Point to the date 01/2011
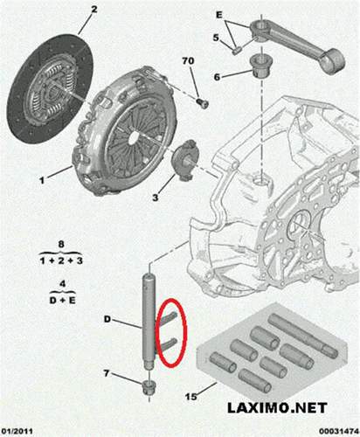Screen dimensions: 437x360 pos(19,431)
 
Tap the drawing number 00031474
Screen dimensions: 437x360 pos(334,431)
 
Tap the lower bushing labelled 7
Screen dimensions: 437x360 pos(149,387)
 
